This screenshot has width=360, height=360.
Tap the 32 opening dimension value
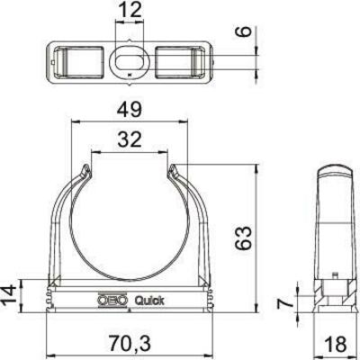[131, 139]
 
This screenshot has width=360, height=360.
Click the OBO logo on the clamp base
[111, 301]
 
